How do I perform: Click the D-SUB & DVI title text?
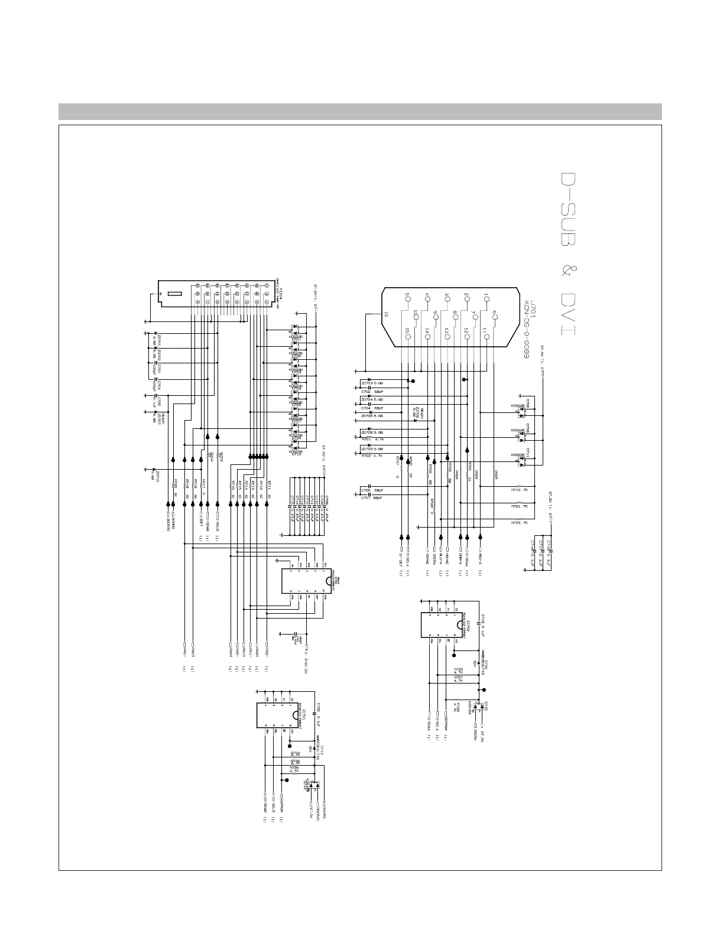[x=569, y=254]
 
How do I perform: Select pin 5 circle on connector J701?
[x=407, y=299]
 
